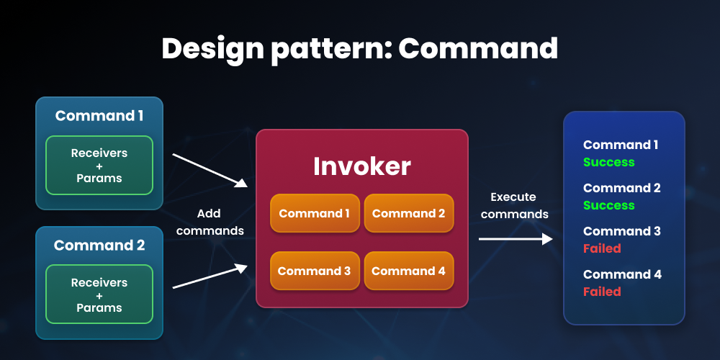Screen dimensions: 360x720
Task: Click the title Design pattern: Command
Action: pyautogui.click(x=359, y=48)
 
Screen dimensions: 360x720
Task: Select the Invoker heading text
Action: pyautogui.click(x=361, y=166)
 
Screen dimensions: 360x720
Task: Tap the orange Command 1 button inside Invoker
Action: pyautogui.click(x=315, y=213)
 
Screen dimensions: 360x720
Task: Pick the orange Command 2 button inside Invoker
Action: pyautogui.click(x=408, y=213)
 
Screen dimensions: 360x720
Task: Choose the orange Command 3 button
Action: pyautogui.click(x=315, y=271)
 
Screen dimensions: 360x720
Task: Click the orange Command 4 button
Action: pyautogui.click(x=408, y=271)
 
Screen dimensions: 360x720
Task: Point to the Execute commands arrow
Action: pyautogui.click(x=515, y=239)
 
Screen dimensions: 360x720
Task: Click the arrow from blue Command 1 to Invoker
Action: pyautogui.click(x=209, y=170)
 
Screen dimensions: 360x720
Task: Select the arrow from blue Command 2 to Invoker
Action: pyautogui.click(x=209, y=276)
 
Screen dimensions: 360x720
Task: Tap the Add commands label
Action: pyautogui.click(x=209, y=222)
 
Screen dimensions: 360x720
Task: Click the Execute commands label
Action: pyautogui.click(x=514, y=205)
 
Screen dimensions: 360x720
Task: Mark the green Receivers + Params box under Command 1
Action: pyautogui.click(x=99, y=166)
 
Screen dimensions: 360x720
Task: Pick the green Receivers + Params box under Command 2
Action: pyautogui.click(x=99, y=294)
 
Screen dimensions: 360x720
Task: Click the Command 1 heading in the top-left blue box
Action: pyautogui.click(x=99, y=116)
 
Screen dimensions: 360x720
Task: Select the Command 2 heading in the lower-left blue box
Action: pyautogui.click(x=99, y=246)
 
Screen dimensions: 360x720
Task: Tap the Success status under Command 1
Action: pyautogui.click(x=608, y=162)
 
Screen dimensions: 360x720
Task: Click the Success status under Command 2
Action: pyautogui.click(x=608, y=205)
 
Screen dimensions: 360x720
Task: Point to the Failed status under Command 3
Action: pyautogui.click(x=601, y=248)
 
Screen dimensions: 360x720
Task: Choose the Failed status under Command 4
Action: pyautogui.click(x=601, y=292)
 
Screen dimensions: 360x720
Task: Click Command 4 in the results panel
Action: pyautogui.click(x=622, y=274)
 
